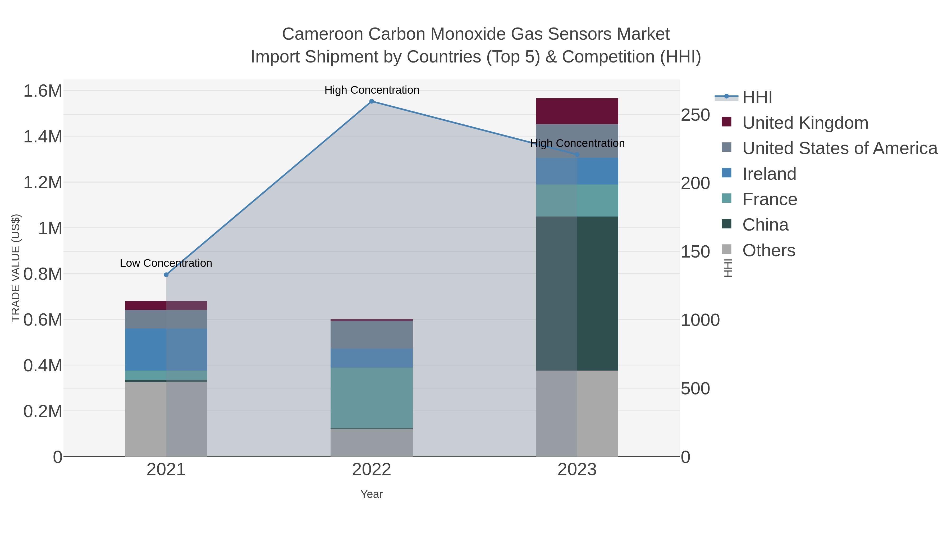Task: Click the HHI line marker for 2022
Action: (x=372, y=101)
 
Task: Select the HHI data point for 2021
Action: (x=166, y=275)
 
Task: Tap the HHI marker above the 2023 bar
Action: (x=577, y=155)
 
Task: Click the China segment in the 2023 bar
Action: (x=577, y=293)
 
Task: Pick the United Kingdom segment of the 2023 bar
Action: (x=577, y=111)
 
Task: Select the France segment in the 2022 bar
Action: (x=372, y=398)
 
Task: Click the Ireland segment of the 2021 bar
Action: (x=166, y=350)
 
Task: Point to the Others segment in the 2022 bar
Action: (x=372, y=443)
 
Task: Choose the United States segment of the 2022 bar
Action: (x=372, y=335)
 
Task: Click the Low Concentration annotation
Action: (x=166, y=263)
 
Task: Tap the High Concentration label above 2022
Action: (x=372, y=90)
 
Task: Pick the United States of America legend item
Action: (x=839, y=148)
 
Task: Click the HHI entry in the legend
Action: (x=757, y=97)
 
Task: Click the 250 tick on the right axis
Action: (x=695, y=115)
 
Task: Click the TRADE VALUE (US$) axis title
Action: (x=16, y=268)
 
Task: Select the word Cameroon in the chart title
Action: (x=322, y=34)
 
